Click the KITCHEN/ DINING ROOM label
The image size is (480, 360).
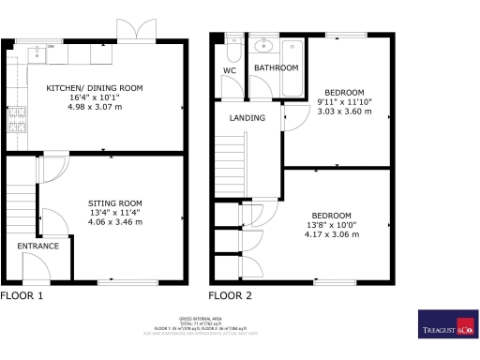95,87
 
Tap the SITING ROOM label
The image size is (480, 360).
115,202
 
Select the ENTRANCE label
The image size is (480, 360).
37,246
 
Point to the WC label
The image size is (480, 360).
230,70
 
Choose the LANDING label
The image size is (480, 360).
247,118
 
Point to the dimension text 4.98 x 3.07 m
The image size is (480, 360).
95,106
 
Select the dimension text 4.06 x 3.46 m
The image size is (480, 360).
115,222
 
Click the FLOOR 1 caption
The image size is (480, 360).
22,295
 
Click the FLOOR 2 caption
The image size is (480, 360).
230,295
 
